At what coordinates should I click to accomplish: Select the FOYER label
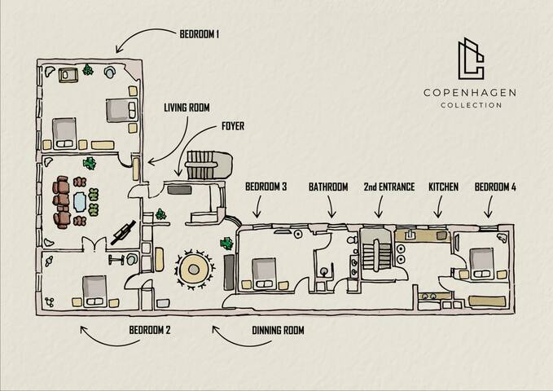pos(233,126)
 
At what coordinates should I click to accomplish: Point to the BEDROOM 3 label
pos(266,187)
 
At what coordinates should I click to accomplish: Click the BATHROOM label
pos(328,187)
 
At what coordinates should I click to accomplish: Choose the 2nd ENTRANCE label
pos(389,187)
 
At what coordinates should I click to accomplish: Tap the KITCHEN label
pos(443,187)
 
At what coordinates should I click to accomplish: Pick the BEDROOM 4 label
pos(495,187)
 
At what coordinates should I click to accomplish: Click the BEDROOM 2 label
pos(150,331)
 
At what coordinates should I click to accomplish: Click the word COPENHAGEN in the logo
pos(469,93)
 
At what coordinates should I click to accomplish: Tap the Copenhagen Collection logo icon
pos(469,59)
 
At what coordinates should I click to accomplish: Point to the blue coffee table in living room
pos(79,200)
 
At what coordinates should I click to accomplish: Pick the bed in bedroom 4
pos(484,261)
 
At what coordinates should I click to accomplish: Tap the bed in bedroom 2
pos(92,290)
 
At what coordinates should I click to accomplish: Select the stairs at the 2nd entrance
pos(378,255)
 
